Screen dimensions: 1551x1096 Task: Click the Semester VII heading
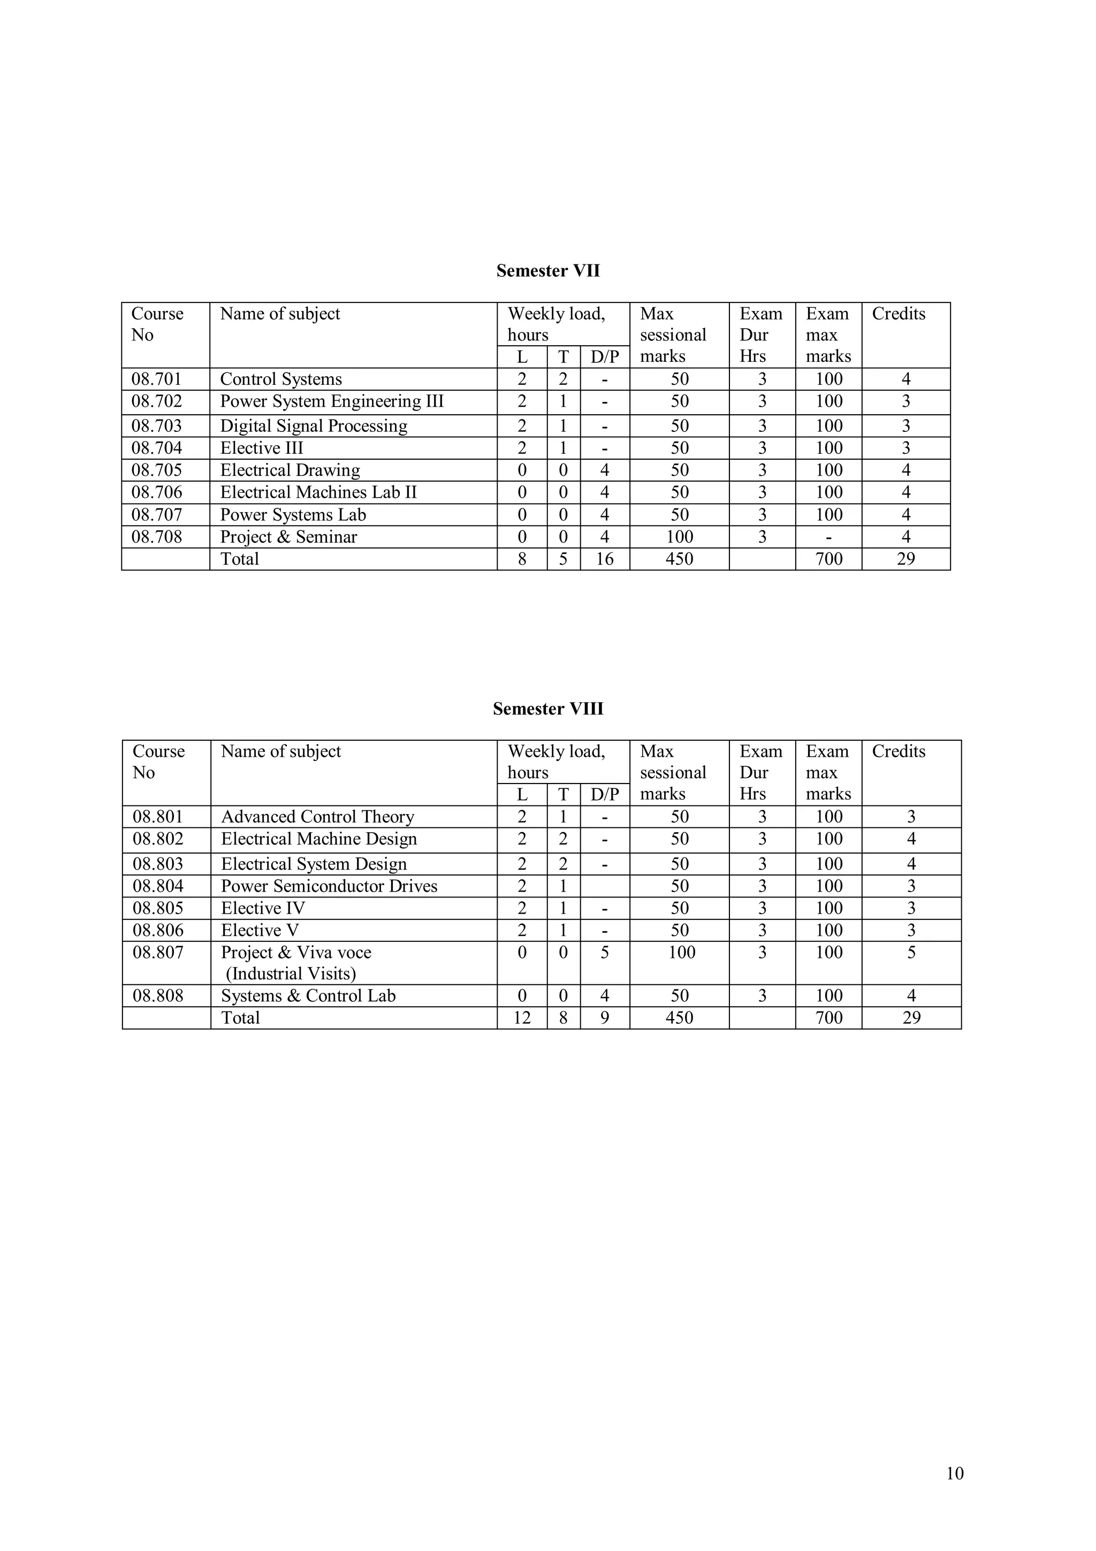point(547,271)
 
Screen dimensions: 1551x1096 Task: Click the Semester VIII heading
point(547,709)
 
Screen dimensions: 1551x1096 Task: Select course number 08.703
point(157,425)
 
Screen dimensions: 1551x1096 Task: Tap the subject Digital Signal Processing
point(314,425)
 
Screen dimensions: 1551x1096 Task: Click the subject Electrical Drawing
point(290,470)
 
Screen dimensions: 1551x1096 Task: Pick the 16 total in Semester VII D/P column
point(604,559)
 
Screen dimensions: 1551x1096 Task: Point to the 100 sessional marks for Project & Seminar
point(679,537)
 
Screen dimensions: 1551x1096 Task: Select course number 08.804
point(158,886)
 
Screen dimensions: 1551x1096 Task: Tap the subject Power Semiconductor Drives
point(329,886)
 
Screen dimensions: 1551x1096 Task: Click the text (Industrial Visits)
point(291,974)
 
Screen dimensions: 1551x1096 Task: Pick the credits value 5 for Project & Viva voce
point(911,953)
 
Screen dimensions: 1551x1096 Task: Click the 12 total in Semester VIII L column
point(521,1018)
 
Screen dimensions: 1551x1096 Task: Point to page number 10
point(955,1473)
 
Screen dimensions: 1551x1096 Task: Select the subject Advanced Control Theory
point(317,817)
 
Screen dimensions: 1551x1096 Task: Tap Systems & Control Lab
point(308,995)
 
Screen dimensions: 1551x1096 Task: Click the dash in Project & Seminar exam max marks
point(828,537)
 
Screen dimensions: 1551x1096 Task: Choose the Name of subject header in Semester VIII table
point(281,751)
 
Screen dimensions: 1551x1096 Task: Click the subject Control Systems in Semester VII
point(281,379)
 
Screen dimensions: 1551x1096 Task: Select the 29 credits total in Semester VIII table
point(911,1018)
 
